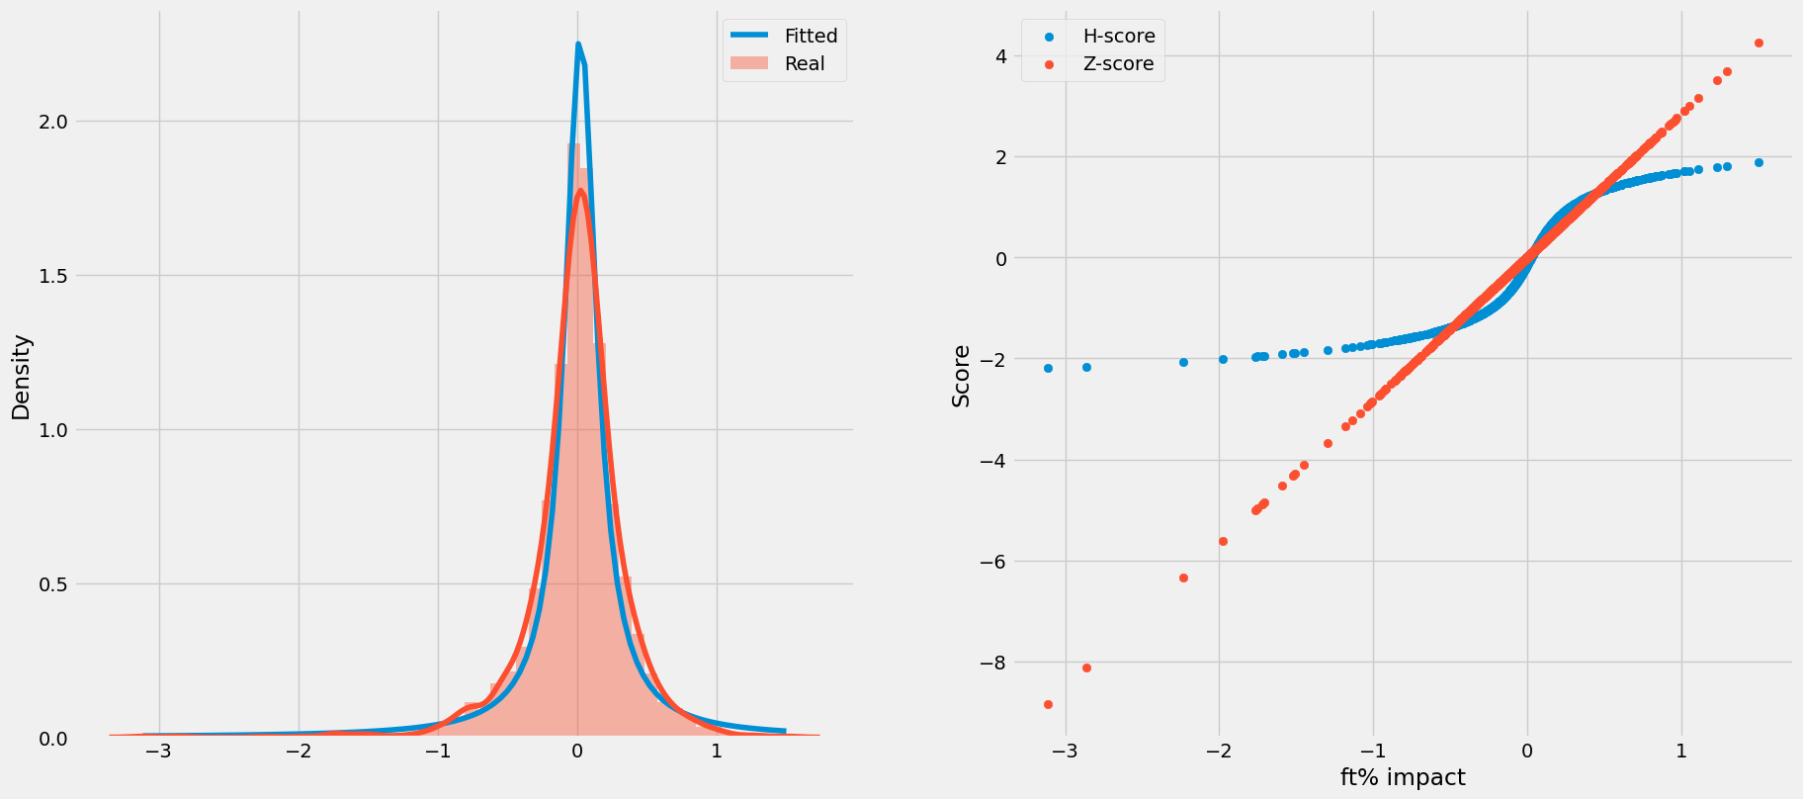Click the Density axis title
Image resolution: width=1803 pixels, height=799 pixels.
pyautogui.click(x=21, y=377)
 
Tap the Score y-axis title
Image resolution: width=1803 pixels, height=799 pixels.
pyautogui.click(x=961, y=376)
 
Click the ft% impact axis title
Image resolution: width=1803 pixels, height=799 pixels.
pyautogui.click(x=1402, y=777)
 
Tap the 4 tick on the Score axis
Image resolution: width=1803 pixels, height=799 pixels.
pyautogui.click(x=1001, y=56)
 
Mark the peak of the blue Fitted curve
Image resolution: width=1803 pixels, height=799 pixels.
pyautogui.click(x=578, y=44)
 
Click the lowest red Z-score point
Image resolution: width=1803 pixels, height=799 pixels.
pyautogui.click(x=1048, y=704)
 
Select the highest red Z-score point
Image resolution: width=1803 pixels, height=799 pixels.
pyautogui.click(x=1759, y=43)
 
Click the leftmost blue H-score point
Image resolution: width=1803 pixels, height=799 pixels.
pyautogui.click(x=1048, y=368)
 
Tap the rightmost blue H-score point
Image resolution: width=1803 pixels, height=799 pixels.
pyautogui.click(x=1759, y=162)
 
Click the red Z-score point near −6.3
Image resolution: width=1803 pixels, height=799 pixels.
pyautogui.click(x=1183, y=577)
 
